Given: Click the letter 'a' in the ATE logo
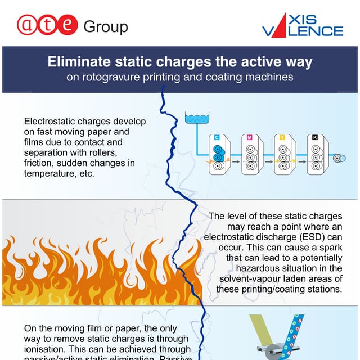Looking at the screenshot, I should (x=28, y=25).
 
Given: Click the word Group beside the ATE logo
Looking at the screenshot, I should (x=105, y=26).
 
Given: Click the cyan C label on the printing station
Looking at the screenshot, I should (x=217, y=137).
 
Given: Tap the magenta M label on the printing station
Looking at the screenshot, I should (x=249, y=137).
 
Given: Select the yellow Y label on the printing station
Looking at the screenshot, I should (x=282, y=137).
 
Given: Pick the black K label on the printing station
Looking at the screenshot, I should (x=314, y=137).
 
